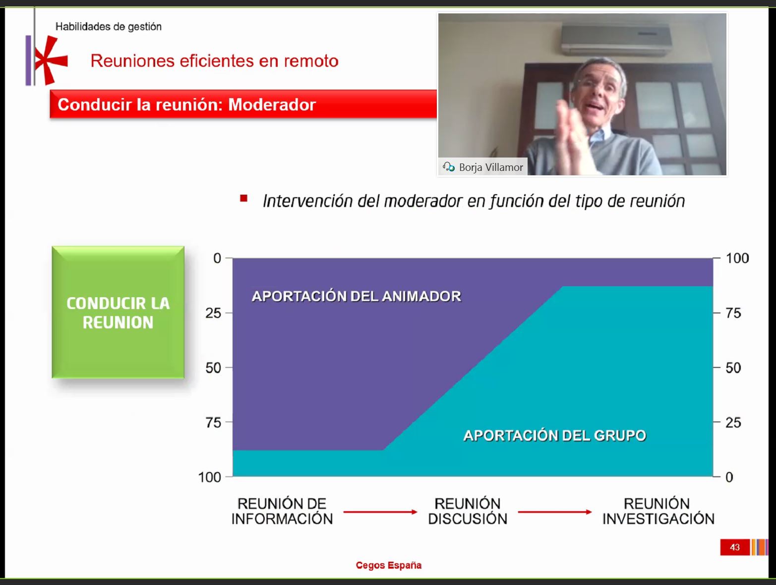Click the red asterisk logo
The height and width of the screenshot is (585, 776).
point(50,60)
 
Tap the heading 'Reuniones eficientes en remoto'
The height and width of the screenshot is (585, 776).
point(214,61)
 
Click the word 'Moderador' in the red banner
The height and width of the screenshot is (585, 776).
point(272,105)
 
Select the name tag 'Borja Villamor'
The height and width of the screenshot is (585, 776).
point(483,167)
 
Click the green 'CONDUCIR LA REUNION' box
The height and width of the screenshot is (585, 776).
point(118,313)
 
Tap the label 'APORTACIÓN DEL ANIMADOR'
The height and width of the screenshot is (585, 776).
point(357,296)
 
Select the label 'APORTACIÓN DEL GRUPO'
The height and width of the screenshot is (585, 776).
point(555,435)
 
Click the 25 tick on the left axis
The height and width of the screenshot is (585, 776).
point(213,313)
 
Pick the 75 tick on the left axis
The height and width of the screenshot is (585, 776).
point(213,422)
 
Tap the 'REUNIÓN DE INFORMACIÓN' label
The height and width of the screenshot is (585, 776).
point(282,511)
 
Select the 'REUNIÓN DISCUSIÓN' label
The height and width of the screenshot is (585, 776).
point(468,511)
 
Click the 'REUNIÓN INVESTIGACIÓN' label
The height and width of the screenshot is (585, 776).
point(658,511)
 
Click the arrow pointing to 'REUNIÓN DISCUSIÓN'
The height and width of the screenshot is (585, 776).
point(380,512)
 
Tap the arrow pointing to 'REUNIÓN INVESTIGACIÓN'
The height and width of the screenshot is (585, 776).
point(555,512)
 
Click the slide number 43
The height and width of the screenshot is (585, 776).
point(735,547)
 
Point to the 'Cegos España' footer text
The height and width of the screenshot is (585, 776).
point(389,565)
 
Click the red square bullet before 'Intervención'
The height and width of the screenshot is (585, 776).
point(243,199)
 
